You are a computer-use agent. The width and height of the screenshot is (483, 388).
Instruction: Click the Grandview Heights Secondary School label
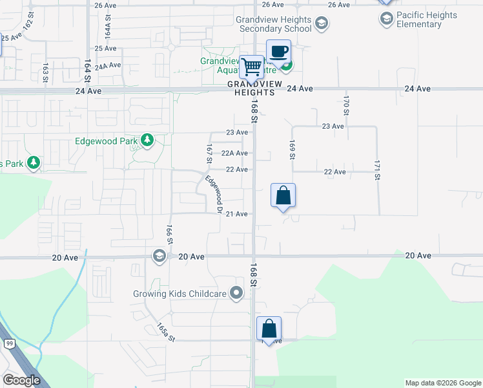274,24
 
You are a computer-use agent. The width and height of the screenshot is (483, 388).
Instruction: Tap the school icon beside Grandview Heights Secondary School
322,25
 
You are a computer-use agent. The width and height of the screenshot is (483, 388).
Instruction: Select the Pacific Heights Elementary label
427,19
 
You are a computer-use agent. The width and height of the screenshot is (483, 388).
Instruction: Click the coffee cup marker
278,52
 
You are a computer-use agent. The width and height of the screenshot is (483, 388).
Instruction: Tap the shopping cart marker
252,66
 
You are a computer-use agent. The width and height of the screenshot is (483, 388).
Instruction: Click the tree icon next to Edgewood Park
148,140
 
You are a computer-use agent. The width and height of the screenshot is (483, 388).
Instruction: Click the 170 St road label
346,105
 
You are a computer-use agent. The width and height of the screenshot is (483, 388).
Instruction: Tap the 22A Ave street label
234,153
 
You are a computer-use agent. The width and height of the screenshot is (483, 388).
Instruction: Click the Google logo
21,380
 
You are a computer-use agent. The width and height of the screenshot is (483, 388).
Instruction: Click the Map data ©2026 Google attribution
442,383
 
